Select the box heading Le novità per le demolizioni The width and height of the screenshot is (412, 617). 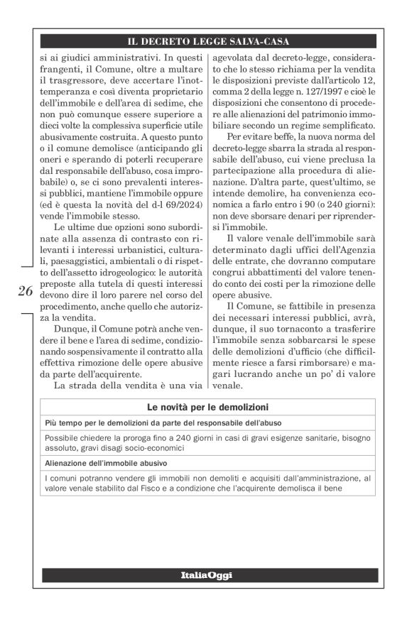click(207, 408)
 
